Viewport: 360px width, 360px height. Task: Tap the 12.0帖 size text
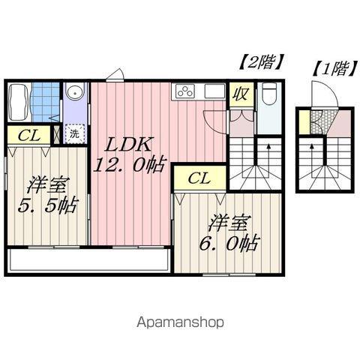click(129, 165)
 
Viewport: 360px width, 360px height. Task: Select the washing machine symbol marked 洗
click(74, 135)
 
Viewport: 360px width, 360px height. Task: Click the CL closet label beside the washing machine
click(29, 135)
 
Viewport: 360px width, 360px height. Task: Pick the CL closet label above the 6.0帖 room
click(199, 178)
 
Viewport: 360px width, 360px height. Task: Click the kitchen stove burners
click(184, 92)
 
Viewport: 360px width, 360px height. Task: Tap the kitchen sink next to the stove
click(212, 92)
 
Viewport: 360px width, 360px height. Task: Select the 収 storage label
click(239, 94)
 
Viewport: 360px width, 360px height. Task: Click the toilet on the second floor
click(270, 95)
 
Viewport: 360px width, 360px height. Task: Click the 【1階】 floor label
click(331, 68)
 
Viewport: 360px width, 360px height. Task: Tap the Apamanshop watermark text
click(179, 322)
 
